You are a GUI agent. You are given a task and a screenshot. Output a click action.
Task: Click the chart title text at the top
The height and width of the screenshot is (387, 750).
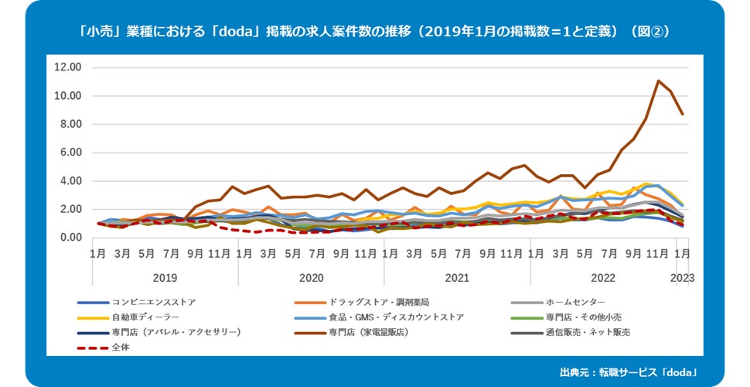(x=374, y=32)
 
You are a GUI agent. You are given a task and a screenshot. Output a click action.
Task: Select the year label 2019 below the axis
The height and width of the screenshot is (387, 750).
(x=165, y=277)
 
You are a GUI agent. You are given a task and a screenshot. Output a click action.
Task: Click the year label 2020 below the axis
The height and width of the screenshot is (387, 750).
(x=311, y=277)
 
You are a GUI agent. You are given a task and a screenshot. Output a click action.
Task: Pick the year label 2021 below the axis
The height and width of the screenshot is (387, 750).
(x=457, y=277)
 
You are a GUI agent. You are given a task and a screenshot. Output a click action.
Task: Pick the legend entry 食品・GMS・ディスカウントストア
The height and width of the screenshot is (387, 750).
(x=397, y=317)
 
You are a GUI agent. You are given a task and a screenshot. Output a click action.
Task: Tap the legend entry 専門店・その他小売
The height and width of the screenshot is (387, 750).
(x=584, y=317)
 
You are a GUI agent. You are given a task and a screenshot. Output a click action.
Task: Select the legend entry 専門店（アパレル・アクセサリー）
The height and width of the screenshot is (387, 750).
(x=176, y=332)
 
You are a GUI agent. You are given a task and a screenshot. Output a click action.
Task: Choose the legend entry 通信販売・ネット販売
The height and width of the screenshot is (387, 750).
(x=588, y=332)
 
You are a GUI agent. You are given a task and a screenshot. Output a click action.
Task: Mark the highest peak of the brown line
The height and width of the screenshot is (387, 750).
(x=658, y=80)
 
